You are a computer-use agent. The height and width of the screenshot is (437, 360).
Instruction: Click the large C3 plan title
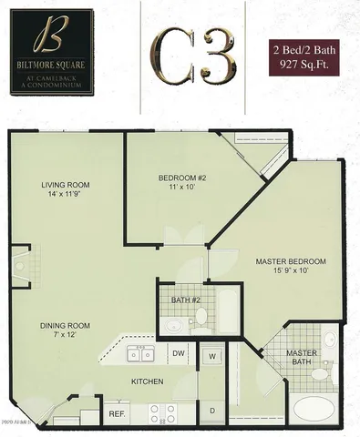tap(189, 56)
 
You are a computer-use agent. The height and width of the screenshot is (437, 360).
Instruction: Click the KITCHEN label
tap(147, 381)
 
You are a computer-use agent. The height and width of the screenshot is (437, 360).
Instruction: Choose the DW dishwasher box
tap(180, 353)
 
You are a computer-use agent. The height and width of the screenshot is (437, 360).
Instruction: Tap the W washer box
tap(211, 354)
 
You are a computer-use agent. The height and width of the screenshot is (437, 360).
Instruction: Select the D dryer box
tap(211, 412)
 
